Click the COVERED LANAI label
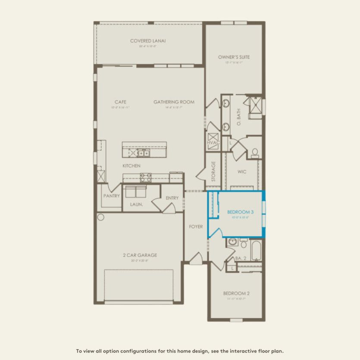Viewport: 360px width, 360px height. click(x=148, y=41)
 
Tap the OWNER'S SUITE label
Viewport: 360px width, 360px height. click(x=234, y=57)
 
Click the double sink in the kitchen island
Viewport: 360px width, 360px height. click(x=144, y=153)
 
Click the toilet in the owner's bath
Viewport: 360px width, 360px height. click(x=254, y=153)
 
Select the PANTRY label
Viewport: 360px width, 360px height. click(x=111, y=196)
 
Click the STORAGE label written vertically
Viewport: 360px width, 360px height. click(x=213, y=171)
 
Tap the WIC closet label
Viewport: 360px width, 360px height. click(x=242, y=171)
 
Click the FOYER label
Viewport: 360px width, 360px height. click(x=196, y=227)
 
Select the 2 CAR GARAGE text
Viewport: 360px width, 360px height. click(x=139, y=255)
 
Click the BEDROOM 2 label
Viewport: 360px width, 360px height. click(x=236, y=294)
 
